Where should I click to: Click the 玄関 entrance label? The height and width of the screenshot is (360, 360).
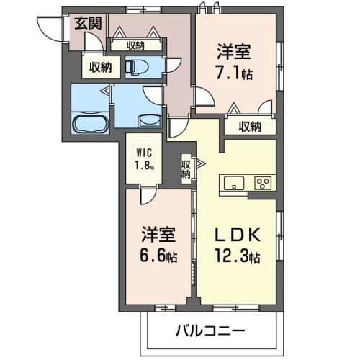point(88,24)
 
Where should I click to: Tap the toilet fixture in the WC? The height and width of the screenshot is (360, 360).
point(137,66)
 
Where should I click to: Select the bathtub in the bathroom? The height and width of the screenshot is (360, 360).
point(91,124)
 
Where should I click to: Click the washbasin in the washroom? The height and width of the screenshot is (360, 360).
point(150,120)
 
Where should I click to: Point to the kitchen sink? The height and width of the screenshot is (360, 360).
point(234,183)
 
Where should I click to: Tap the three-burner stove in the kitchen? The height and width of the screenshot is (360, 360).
point(263,183)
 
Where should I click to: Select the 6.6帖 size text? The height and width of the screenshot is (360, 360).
point(158,256)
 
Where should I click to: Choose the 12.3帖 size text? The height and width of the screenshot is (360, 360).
point(238,256)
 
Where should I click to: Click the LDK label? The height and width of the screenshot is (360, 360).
point(238,235)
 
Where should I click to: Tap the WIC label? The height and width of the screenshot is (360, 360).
point(144,153)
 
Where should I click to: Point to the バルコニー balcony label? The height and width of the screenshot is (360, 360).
point(210,330)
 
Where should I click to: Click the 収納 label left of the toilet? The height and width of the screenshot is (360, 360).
point(101,68)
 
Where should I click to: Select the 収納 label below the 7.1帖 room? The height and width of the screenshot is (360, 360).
point(250,127)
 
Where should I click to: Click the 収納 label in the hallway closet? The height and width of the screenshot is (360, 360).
point(135,45)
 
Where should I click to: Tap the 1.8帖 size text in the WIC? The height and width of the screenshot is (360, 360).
point(144,166)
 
